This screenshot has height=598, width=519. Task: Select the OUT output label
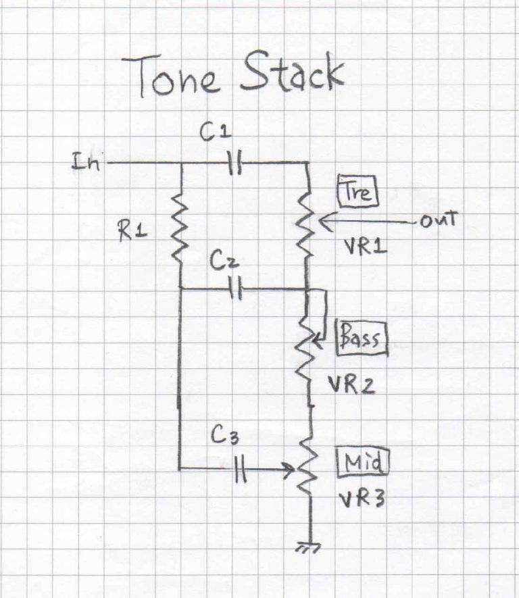(439, 221)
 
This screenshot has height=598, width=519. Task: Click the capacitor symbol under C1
(234, 163)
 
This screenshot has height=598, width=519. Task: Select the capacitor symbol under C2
(235, 289)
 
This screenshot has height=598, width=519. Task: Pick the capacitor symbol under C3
(240, 468)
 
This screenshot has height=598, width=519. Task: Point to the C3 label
(224, 437)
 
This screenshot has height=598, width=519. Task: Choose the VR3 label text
(357, 501)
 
